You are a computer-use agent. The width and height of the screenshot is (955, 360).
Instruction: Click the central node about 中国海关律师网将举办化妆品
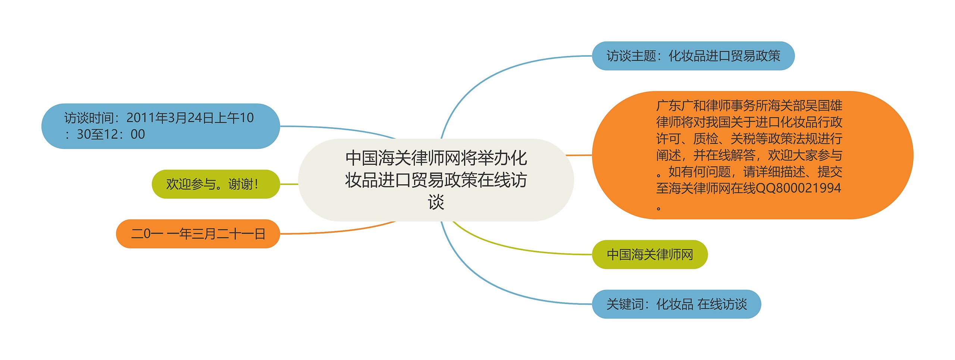(436, 180)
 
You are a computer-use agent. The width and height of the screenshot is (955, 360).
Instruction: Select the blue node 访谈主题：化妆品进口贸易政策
(693, 56)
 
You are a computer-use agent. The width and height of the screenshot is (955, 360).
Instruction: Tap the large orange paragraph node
(752, 155)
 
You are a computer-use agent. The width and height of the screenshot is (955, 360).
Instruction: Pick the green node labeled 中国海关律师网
(649, 254)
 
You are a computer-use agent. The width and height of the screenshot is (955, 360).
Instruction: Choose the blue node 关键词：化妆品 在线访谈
(676, 304)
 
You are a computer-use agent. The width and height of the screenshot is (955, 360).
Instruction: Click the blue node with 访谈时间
(160, 126)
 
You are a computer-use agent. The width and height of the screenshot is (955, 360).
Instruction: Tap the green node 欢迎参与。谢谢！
(215, 184)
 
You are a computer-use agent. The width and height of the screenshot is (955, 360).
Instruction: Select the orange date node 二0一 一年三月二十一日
(198, 234)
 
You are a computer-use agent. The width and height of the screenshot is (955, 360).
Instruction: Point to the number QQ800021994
(798, 188)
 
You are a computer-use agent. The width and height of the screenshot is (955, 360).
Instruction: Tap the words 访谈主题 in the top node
(631, 56)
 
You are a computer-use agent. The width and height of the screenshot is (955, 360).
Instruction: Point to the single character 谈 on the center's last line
(436, 202)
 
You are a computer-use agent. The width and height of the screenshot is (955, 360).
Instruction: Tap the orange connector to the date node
(336, 231)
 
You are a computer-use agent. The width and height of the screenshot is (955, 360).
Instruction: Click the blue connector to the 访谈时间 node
(336, 128)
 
